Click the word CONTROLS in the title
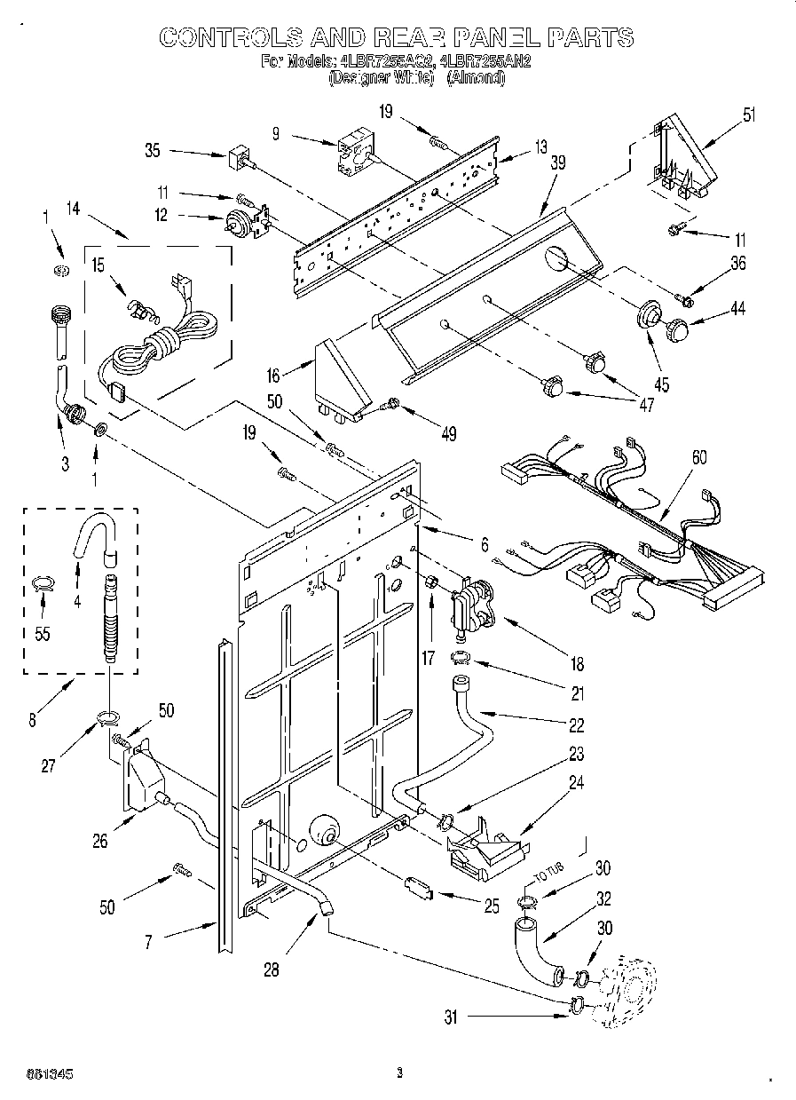(x=231, y=36)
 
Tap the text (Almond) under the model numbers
(x=476, y=78)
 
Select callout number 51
(x=750, y=114)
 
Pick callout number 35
(x=153, y=151)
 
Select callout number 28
(x=272, y=969)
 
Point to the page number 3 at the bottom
(x=399, y=1072)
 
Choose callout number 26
(x=102, y=839)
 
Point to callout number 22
(x=577, y=724)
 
